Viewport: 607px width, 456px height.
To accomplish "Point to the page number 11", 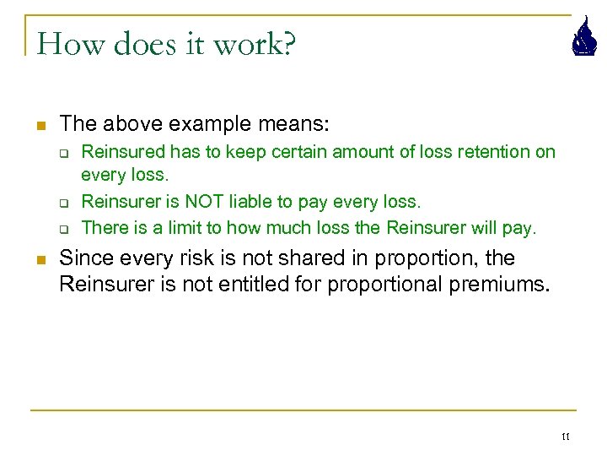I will [x=565, y=437].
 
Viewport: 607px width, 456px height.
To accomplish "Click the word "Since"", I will [x=84, y=258].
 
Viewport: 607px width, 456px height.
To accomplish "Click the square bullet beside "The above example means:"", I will [x=39, y=125].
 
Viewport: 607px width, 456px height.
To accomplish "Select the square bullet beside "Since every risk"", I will [x=39, y=258].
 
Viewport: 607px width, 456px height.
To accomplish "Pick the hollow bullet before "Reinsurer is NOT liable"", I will [x=62, y=203].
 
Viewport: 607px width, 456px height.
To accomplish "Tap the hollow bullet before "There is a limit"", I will [x=62, y=227].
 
